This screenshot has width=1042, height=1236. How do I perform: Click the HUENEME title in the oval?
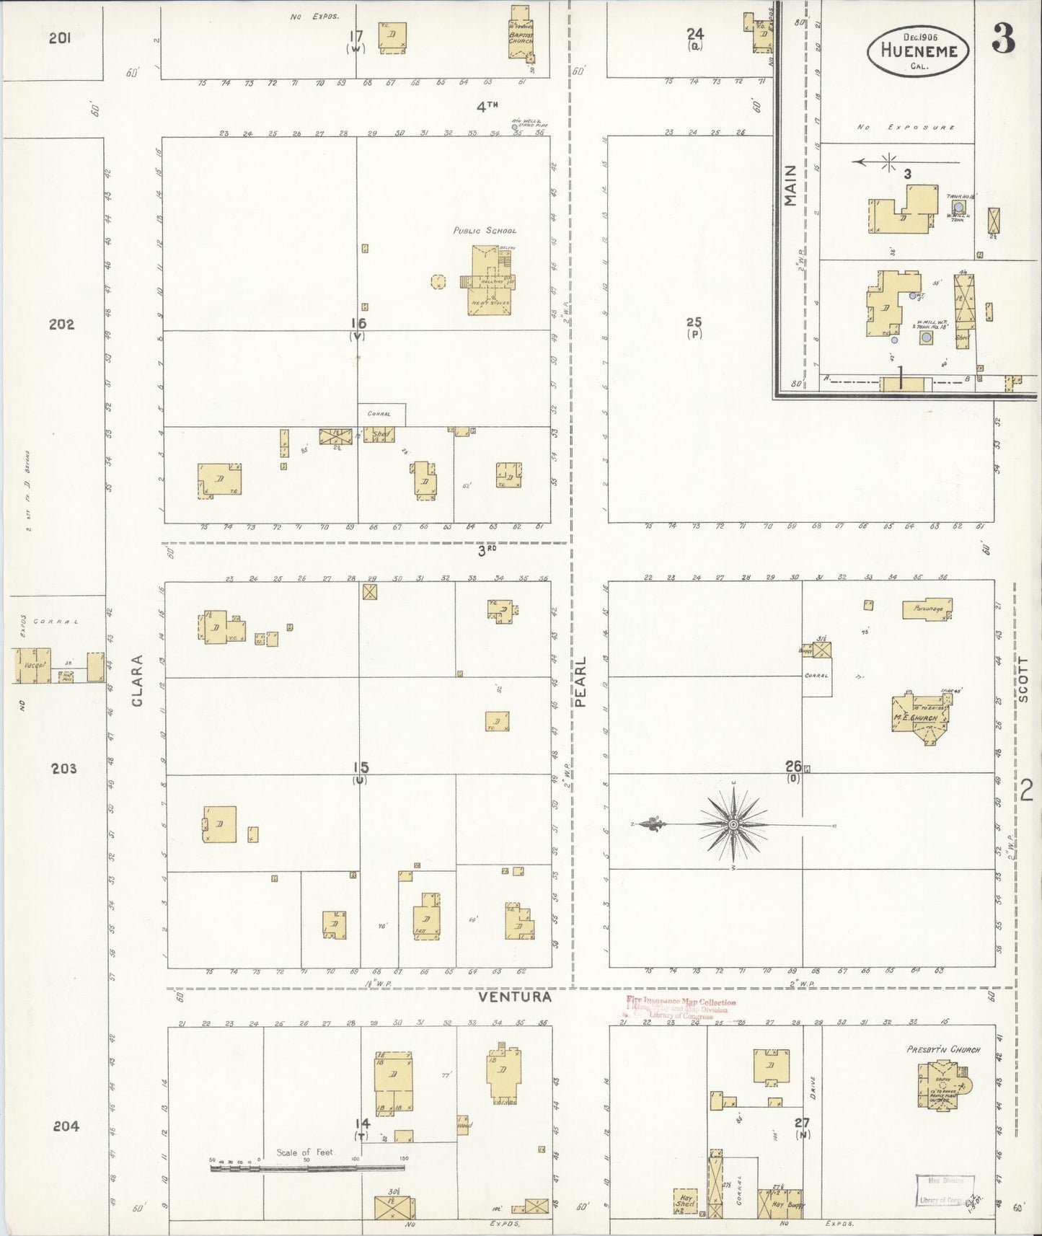point(919,51)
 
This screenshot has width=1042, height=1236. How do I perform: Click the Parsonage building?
point(927,609)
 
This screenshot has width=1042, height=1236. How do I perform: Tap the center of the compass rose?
point(733,824)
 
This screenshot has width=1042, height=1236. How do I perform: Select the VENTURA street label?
point(515,997)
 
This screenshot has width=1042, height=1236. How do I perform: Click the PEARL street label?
point(581,681)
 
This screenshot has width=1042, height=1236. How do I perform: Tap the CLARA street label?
point(138,681)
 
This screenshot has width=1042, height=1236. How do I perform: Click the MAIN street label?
point(790,185)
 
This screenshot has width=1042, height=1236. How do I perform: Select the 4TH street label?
point(487,107)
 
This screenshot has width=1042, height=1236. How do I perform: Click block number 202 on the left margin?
point(61,325)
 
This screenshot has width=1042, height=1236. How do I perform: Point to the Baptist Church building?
point(520,32)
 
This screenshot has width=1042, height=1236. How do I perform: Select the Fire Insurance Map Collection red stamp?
point(681,1008)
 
